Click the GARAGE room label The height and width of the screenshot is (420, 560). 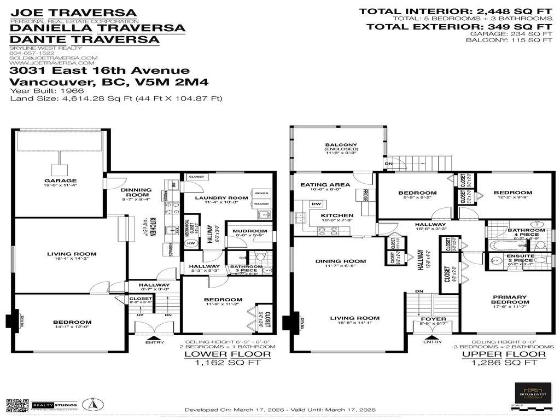[61, 180]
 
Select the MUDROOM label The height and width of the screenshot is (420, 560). [249, 231]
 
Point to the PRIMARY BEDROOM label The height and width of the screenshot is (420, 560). [510, 299]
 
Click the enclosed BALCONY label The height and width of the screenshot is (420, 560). [340, 145]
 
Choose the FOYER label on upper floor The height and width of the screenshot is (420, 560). [433, 319]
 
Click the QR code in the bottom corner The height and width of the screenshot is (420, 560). [16, 405]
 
